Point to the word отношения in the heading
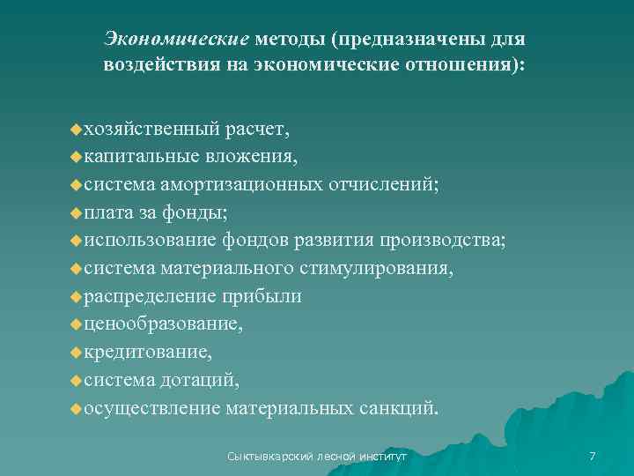click(x=463, y=64)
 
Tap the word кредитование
click(x=148, y=352)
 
